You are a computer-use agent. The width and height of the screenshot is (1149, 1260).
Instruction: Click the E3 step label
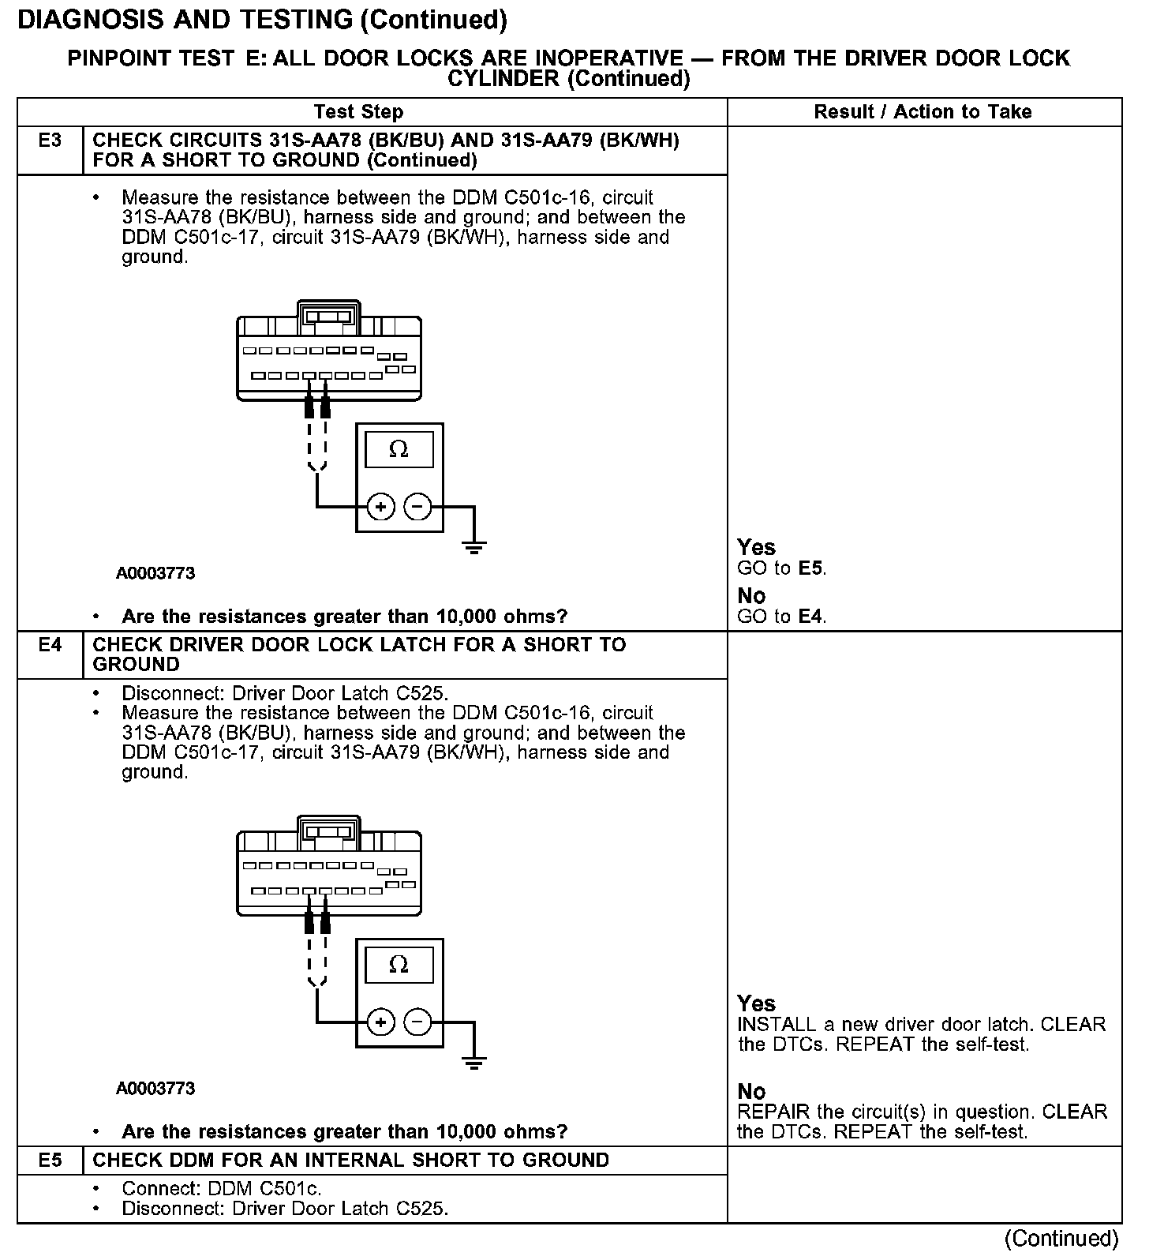pyautogui.click(x=50, y=141)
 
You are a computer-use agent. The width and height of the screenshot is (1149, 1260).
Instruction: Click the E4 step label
pyautogui.click(x=50, y=645)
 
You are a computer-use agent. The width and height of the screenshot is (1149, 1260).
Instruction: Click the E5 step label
pyautogui.click(x=50, y=1160)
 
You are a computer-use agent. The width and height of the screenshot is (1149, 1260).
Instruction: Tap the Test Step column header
pyautogui.click(x=358, y=112)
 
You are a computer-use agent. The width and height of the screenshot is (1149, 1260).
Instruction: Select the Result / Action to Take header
pyautogui.click(x=923, y=112)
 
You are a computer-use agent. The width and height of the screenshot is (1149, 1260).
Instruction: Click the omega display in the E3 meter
pyautogui.click(x=399, y=450)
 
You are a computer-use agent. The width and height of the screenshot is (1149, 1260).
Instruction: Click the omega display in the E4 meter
pyautogui.click(x=399, y=965)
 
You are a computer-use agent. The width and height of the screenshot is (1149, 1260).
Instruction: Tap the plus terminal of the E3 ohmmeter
pyautogui.click(x=381, y=506)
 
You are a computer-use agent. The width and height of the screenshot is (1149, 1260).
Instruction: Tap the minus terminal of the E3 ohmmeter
pyautogui.click(x=418, y=506)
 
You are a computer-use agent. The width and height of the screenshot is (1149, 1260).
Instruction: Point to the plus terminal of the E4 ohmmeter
pyautogui.click(x=381, y=1022)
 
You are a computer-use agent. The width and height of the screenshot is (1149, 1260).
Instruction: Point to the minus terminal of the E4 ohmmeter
pyautogui.click(x=418, y=1022)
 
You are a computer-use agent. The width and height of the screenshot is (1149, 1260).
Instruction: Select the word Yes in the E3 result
pyautogui.click(x=756, y=547)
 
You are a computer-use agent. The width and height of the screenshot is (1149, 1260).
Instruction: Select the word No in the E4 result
pyautogui.click(x=751, y=1091)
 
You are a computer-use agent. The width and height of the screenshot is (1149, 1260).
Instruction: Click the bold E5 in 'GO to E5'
pyautogui.click(x=811, y=568)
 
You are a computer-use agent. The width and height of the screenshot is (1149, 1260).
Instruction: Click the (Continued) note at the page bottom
pyautogui.click(x=1061, y=1239)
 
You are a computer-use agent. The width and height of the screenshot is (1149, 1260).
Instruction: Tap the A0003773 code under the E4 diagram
pyautogui.click(x=155, y=1089)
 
